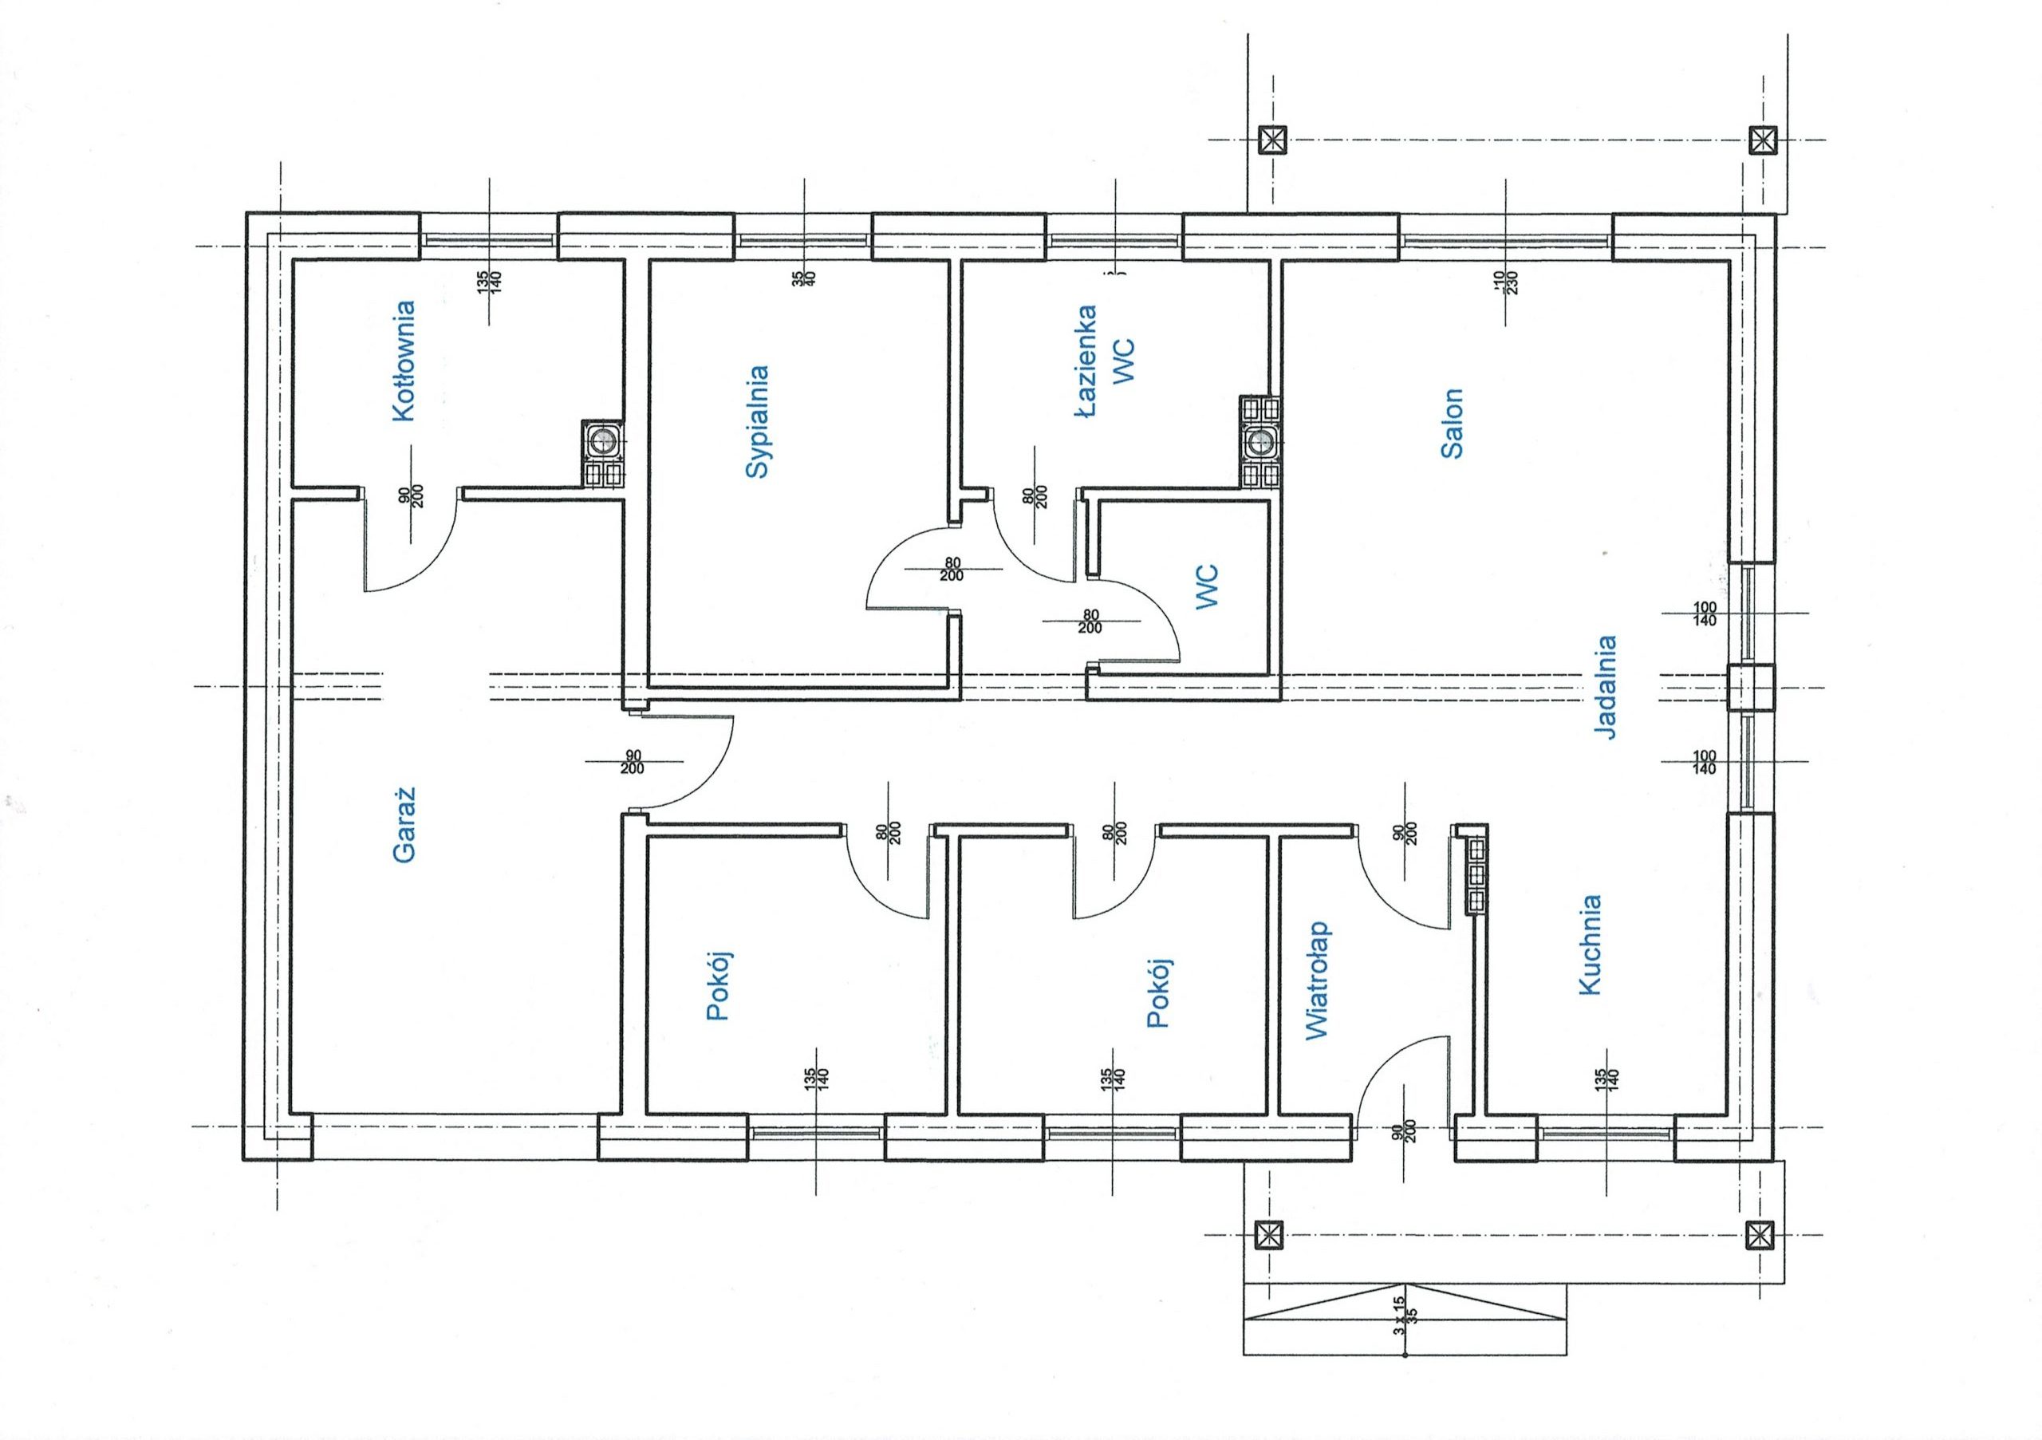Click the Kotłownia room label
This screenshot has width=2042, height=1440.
pos(403,361)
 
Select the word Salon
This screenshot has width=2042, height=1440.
pos(1453,423)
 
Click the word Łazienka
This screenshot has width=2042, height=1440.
pos(1084,361)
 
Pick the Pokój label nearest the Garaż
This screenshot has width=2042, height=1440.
pos(718,985)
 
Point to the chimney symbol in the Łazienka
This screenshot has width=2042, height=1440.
pos(1260,442)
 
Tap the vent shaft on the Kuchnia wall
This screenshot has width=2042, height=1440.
pos(1476,876)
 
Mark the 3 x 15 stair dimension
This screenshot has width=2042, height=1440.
pos(1399,1312)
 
